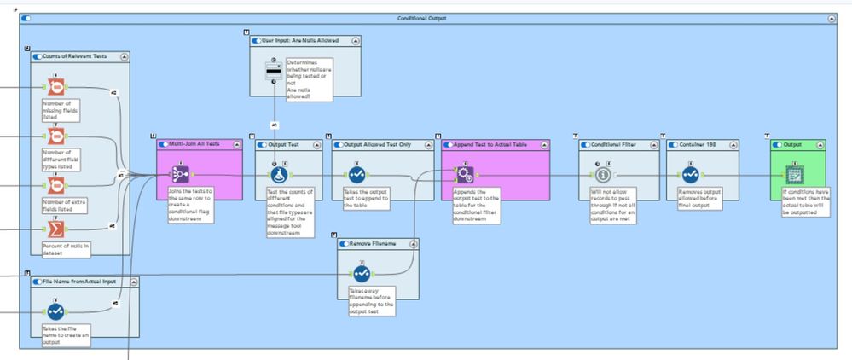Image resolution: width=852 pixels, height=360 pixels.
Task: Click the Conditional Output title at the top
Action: (x=421, y=18)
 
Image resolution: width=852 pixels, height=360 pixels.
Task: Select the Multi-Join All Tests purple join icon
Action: (x=180, y=174)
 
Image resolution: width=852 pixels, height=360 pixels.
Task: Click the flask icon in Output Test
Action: (x=278, y=174)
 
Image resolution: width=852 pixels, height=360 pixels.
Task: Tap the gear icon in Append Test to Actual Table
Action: (x=465, y=174)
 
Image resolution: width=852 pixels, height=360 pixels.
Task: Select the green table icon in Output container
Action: (x=794, y=174)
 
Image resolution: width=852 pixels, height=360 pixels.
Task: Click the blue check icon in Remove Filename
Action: (x=362, y=274)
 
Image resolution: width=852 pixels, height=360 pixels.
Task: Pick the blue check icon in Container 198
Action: (x=690, y=174)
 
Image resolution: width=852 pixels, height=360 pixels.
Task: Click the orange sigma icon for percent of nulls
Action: (x=55, y=229)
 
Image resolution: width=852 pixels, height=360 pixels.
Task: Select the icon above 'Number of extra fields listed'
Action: (x=55, y=185)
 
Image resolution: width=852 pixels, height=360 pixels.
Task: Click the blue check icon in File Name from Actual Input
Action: (x=55, y=311)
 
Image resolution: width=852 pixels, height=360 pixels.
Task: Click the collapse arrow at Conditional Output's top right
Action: (x=832, y=18)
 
